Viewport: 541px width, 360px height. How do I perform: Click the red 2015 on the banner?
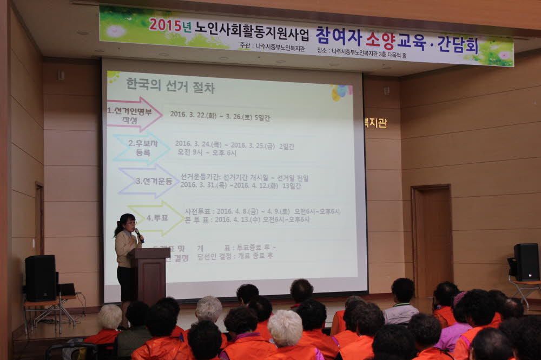pos(165,25)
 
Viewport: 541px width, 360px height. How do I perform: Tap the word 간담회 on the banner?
pos(458,44)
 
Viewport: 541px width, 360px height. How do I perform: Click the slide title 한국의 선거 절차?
pos(170,85)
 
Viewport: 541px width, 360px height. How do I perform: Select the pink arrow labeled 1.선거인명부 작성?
pos(134,114)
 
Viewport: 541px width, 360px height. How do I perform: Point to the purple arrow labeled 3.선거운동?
pos(149,181)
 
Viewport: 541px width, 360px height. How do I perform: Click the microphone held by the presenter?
pos(138,234)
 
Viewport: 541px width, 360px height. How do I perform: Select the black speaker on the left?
pos(41,278)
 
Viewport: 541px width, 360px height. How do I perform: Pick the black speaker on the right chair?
pos(526,262)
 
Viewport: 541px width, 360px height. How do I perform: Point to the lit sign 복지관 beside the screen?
pos(375,123)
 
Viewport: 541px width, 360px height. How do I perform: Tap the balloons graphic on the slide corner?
pos(341,92)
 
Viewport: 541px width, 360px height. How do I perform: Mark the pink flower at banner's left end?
pos(116,30)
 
